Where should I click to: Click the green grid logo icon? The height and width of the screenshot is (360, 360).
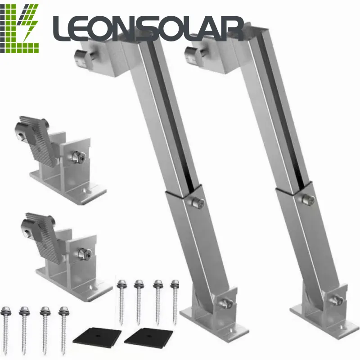tap(20, 28)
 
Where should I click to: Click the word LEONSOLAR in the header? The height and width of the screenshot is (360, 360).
tap(148, 28)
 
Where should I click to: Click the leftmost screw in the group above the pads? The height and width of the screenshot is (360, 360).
tap(121, 299)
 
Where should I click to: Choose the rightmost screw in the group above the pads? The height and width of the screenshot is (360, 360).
tap(175, 299)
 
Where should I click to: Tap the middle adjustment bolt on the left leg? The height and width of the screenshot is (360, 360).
tap(197, 202)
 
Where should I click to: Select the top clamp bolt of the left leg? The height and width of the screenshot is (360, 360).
tap(81, 57)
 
